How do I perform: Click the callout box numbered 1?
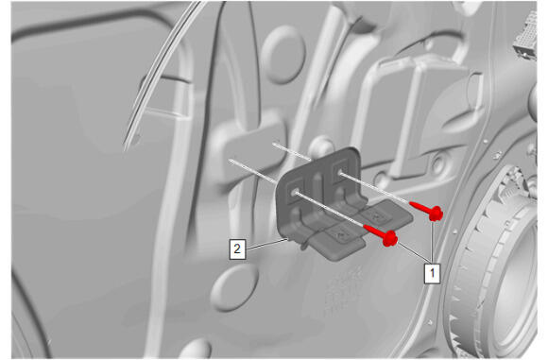click(433, 273)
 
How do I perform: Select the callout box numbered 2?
click(237, 249)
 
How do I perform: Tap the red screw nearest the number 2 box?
click(380, 234)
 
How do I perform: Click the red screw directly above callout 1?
click(426, 210)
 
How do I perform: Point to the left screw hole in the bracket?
click(295, 192)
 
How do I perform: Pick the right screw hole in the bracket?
click(339, 172)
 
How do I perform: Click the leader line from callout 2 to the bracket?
click(266, 244)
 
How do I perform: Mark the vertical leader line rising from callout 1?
click(433, 242)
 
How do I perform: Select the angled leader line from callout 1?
click(414, 251)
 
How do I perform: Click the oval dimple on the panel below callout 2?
click(233, 287)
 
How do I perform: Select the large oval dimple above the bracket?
click(283, 55)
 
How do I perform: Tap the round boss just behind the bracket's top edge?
click(321, 146)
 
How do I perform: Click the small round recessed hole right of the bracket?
click(437, 164)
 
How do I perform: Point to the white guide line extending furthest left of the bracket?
click(252, 171)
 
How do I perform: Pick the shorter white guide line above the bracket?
click(292, 151)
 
